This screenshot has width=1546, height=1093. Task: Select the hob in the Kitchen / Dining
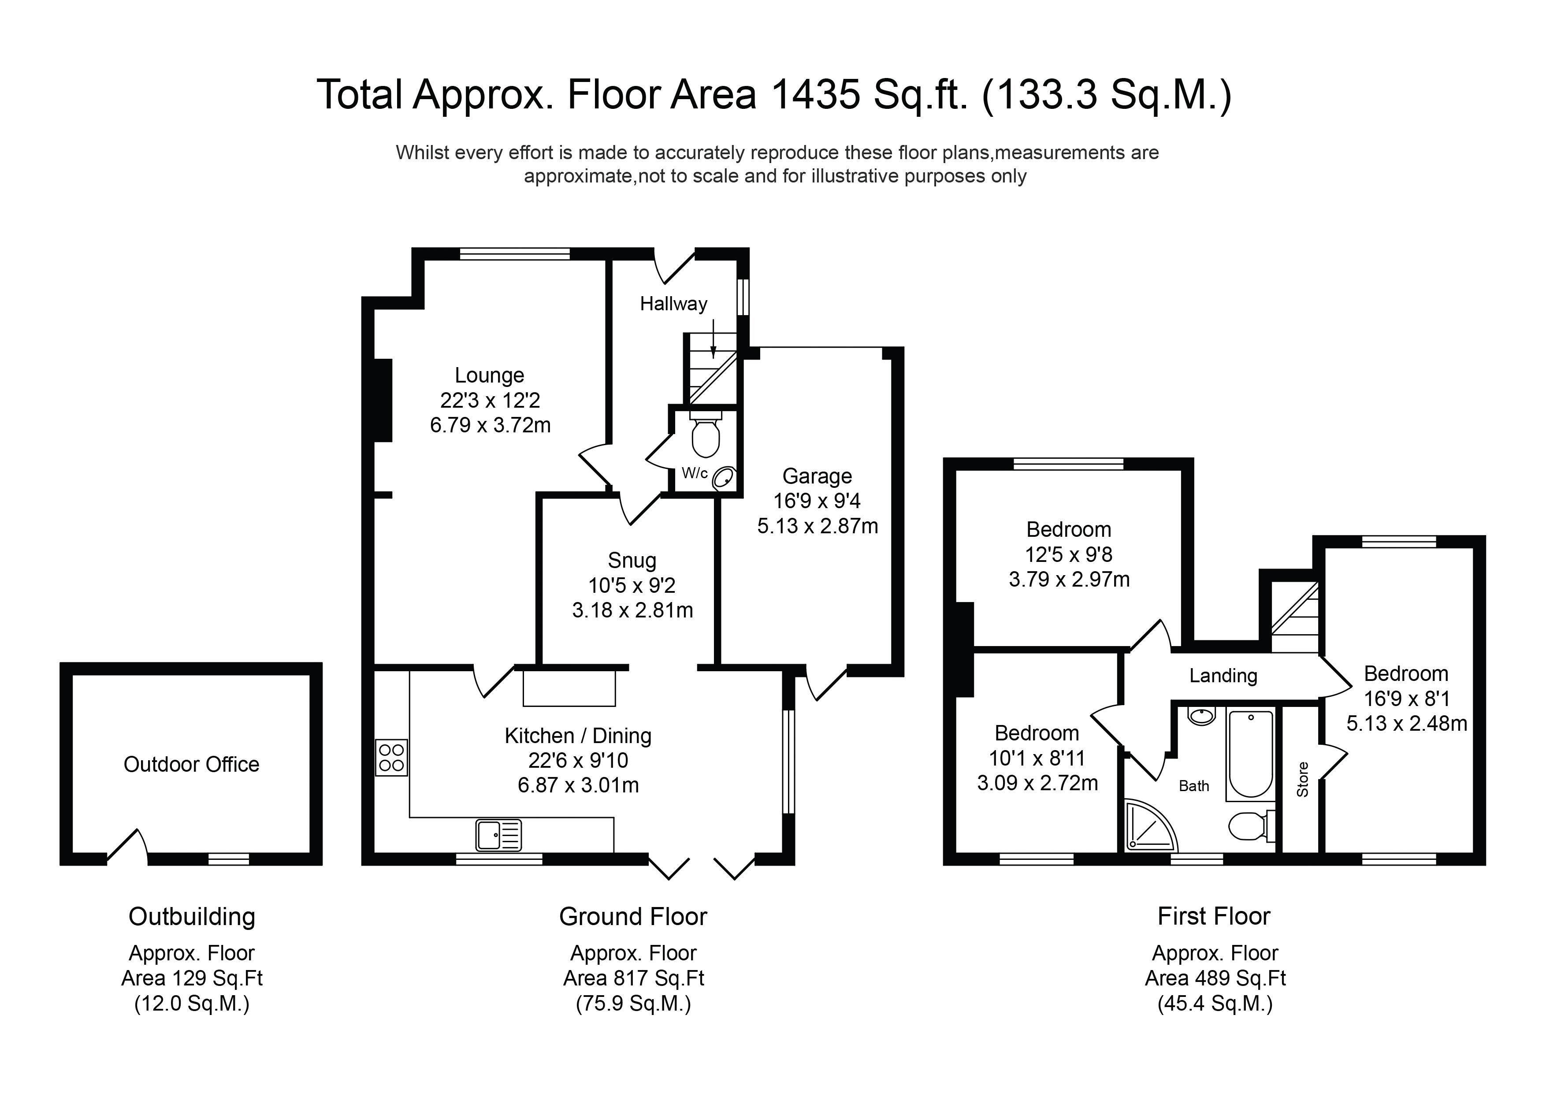[x=391, y=758]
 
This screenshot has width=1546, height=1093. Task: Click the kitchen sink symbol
[x=499, y=835]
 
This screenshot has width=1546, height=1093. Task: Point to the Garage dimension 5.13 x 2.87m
[x=818, y=526]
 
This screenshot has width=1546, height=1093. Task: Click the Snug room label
[x=632, y=560]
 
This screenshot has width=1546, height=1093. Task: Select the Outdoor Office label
[x=191, y=764]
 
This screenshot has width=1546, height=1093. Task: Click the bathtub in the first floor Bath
[x=1251, y=754]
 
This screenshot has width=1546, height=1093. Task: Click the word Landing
[x=1223, y=676]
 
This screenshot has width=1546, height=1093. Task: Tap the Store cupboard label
[x=1303, y=779]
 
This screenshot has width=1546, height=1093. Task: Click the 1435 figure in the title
[x=815, y=94]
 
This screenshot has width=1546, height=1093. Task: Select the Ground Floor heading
[x=633, y=917]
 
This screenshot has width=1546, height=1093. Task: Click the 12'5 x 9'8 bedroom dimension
[x=1069, y=555]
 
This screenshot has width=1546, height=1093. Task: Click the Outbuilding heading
[x=192, y=917]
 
